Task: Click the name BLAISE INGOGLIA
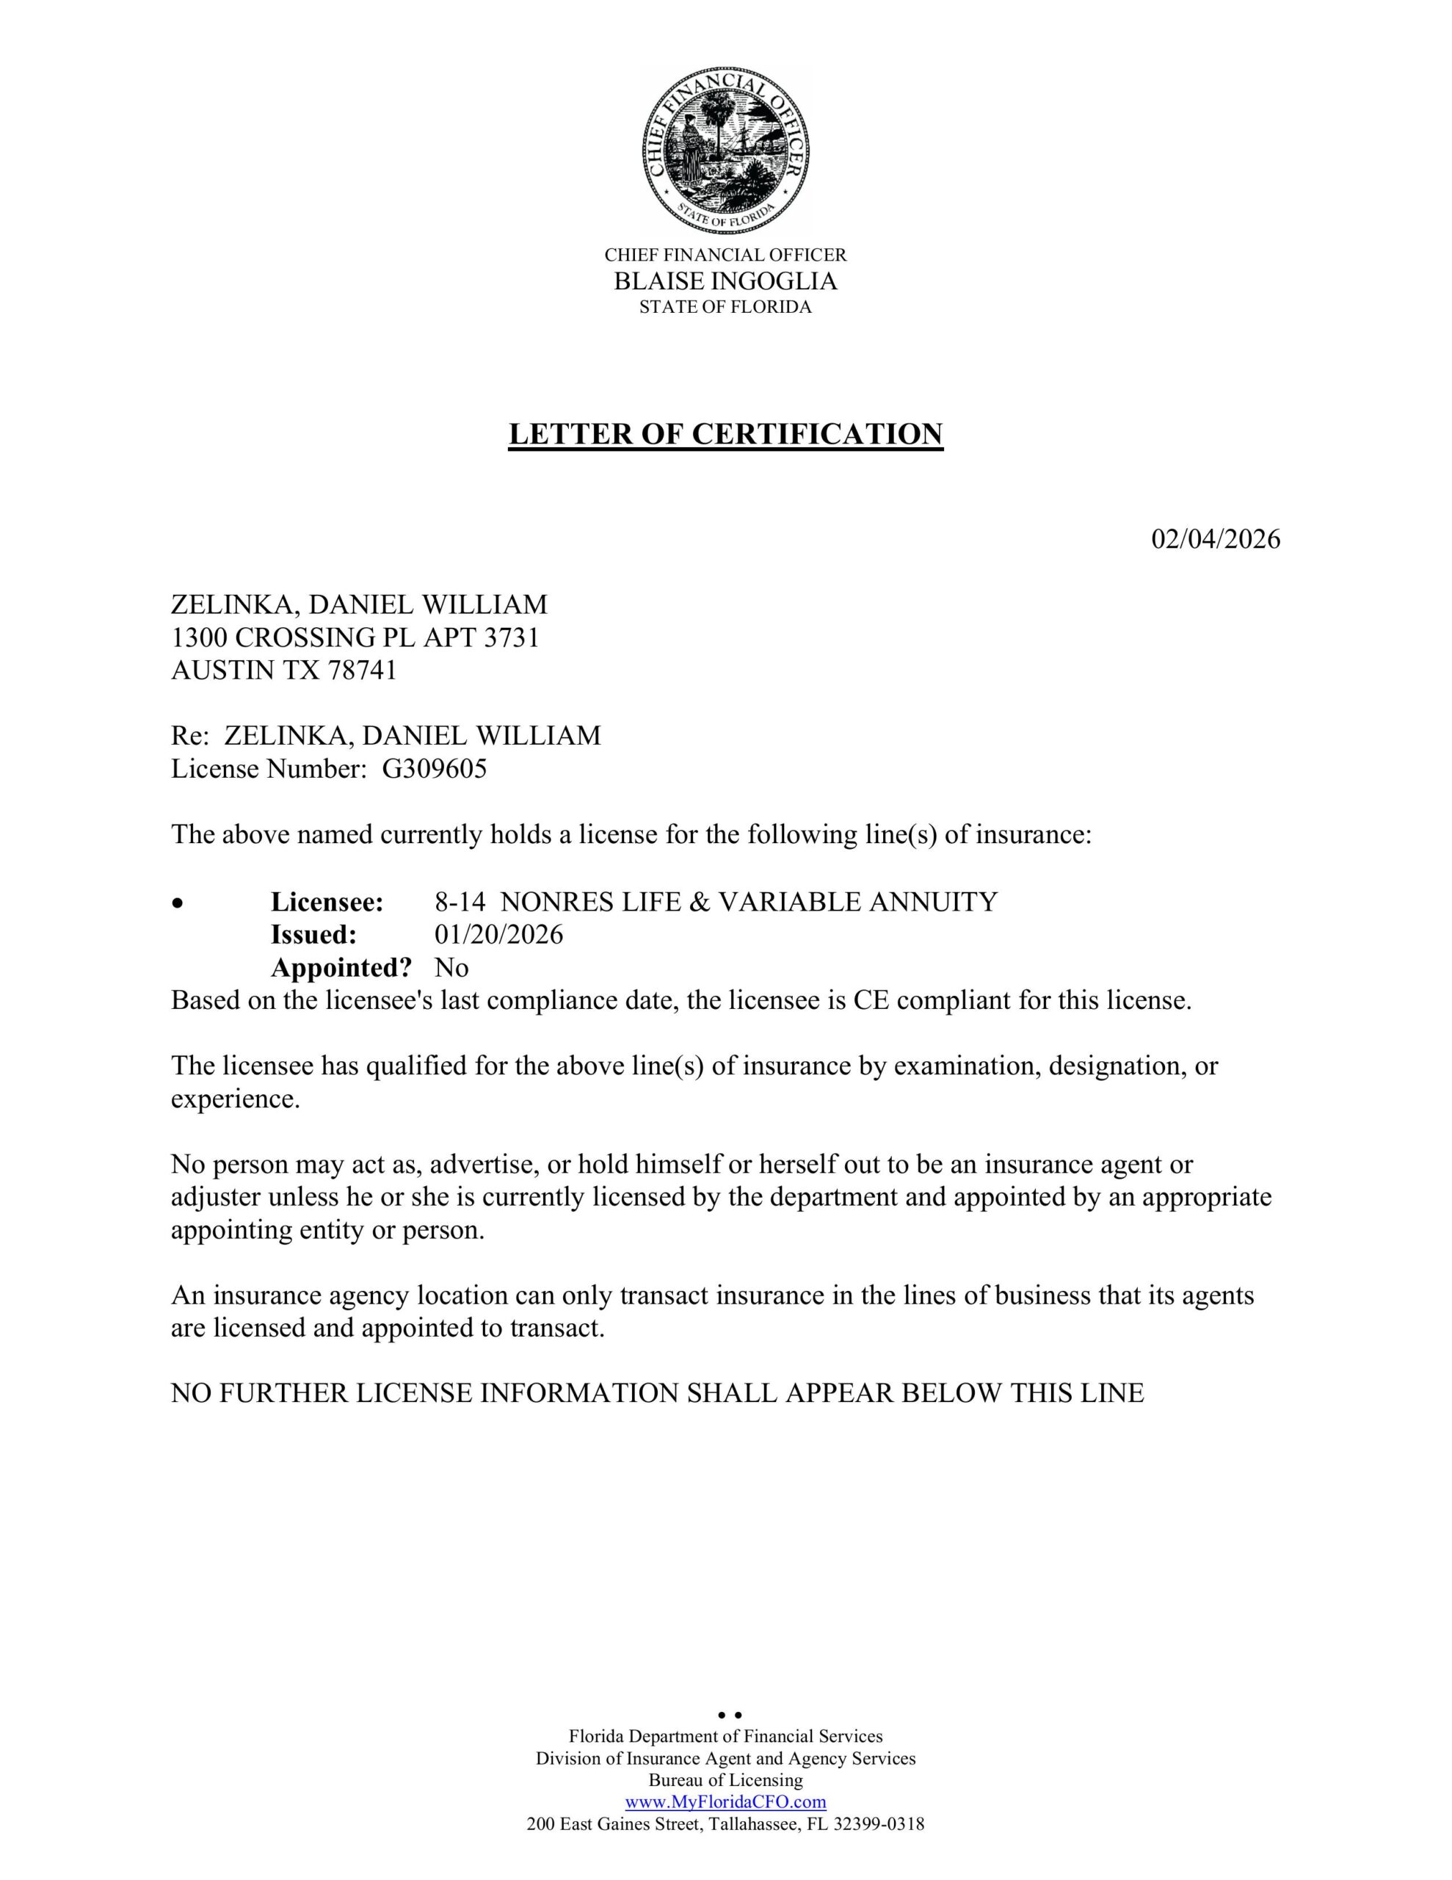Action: pyautogui.click(x=725, y=281)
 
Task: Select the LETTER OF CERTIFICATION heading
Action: pyautogui.click(x=725, y=434)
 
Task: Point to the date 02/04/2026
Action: pyautogui.click(x=1216, y=540)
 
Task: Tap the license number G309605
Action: pyautogui.click(x=434, y=769)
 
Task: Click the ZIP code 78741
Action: pyautogui.click(x=361, y=670)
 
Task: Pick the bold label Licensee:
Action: pyautogui.click(x=327, y=902)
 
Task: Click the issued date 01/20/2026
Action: pyautogui.click(x=498, y=935)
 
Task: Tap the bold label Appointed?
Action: pyautogui.click(x=341, y=968)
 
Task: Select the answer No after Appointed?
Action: pyautogui.click(x=451, y=968)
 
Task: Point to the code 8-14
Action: pyautogui.click(x=460, y=902)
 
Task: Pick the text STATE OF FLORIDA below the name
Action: pyautogui.click(x=725, y=307)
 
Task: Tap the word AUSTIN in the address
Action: pyautogui.click(x=222, y=670)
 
